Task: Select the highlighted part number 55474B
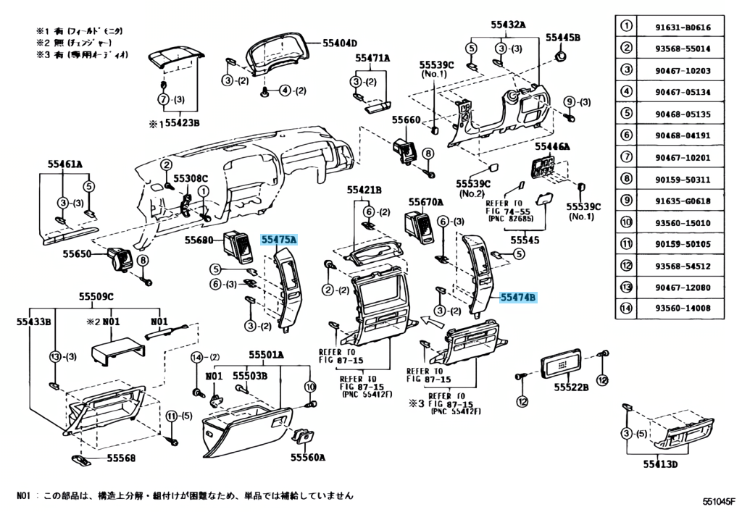(517, 297)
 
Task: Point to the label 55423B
(181, 124)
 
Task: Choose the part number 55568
(121, 458)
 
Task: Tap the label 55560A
(308, 457)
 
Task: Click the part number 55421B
(363, 190)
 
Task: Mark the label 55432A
(508, 25)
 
